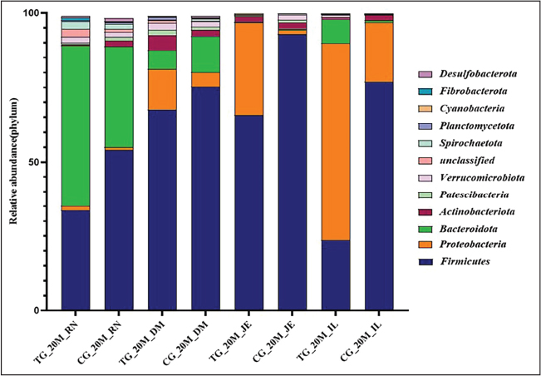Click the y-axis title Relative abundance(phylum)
[14, 162]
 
